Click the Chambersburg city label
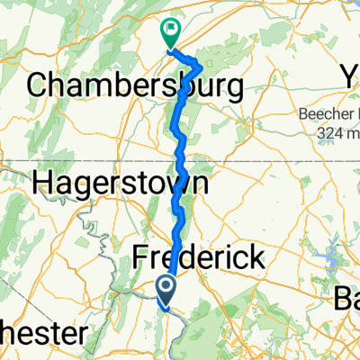(x=135, y=87)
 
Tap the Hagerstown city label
(x=121, y=184)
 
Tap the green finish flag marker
(x=169, y=31)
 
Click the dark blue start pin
(x=167, y=290)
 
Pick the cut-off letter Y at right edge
(x=352, y=77)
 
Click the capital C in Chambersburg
(x=39, y=87)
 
